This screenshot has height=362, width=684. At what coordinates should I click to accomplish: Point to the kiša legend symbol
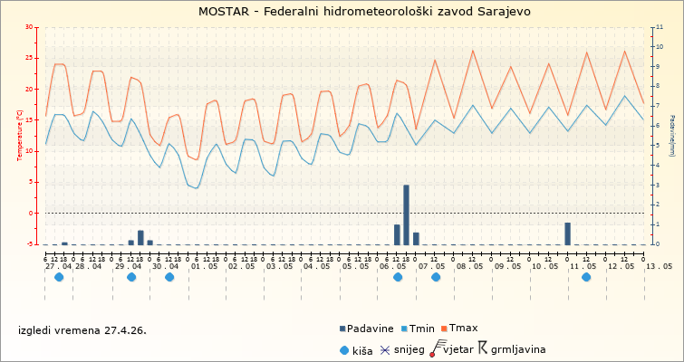(343, 348)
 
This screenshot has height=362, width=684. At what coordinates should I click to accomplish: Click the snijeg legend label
(409, 348)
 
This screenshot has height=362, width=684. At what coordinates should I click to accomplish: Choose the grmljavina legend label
(518, 348)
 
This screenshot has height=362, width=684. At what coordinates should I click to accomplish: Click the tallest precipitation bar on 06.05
(406, 214)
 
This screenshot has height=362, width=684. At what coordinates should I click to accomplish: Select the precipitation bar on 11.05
(567, 233)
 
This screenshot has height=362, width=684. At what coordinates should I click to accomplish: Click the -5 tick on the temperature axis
(32, 244)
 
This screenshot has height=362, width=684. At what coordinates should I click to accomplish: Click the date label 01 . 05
(203, 266)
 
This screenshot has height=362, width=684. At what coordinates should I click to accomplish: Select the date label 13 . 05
(658, 266)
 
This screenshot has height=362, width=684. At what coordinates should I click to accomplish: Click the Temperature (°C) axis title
(20, 136)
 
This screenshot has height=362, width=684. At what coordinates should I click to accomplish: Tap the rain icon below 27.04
(59, 277)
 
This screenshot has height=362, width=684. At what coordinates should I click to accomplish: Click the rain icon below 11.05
(586, 277)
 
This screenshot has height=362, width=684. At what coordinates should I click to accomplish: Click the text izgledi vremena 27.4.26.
(82, 330)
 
